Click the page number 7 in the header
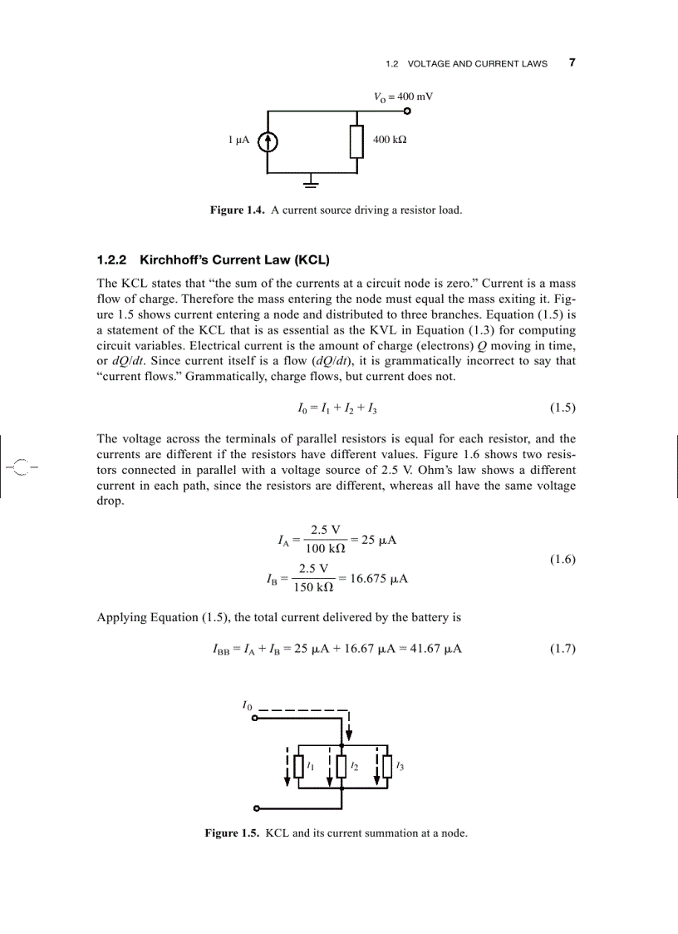pyautogui.click(x=572, y=62)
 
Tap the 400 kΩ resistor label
pyautogui.click(x=389, y=141)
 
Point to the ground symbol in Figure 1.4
pyautogui.click(x=312, y=181)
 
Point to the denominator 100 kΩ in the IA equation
pyautogui.click(x=326, y=549)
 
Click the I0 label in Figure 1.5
pyautogui.click(x=246, y=705)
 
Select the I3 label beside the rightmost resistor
pyautogui.click(x=401, y=765)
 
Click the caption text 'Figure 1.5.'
pyautogui.click(x=233, y=833)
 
